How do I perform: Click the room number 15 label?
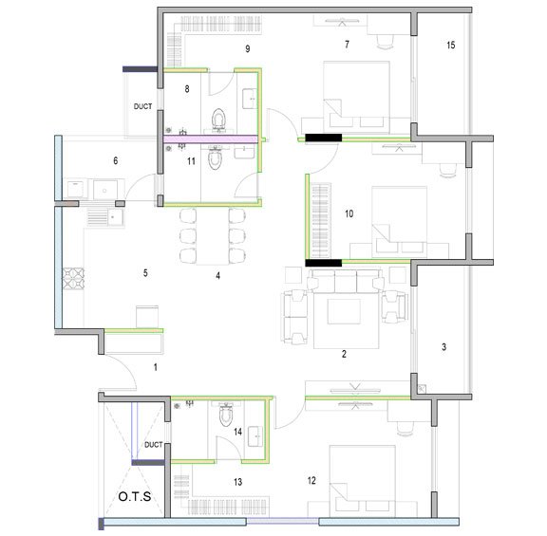tap(450, 45)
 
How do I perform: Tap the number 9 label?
tap(247, 47)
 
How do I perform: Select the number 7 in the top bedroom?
tap(347, 45)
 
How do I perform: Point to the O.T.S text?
tap(134, 497)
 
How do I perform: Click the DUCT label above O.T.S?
tap(153, 444)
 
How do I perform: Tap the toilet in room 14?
tap(225, 415)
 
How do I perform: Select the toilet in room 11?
tap(216, 158)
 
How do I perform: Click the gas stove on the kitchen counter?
tap(73, 278)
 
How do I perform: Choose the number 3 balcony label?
tap(443, 347)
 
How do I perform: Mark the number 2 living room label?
tap(344, 354)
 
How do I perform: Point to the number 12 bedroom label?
tap(311, 481)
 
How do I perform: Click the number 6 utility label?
tap(115, 161)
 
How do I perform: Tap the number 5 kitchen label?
tap(145, 273)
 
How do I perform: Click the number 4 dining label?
tap(217, 276)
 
